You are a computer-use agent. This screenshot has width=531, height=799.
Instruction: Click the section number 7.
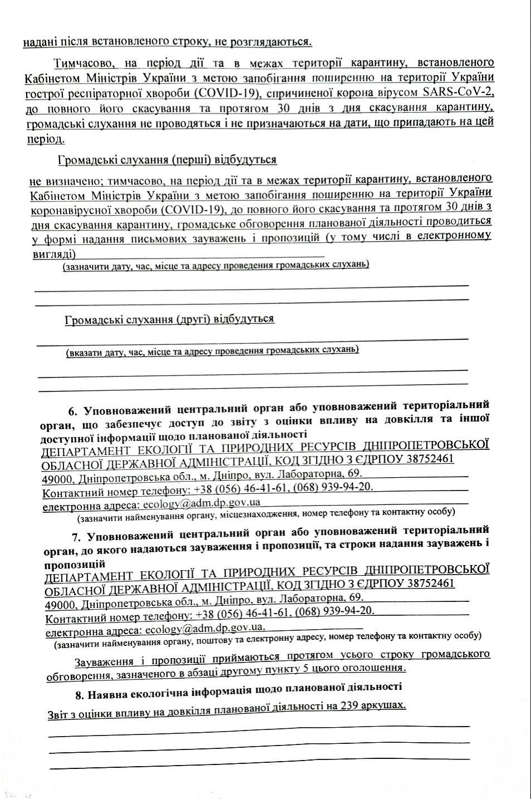point(77,537)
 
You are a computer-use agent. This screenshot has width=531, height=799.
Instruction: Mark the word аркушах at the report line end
point(382,705)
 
